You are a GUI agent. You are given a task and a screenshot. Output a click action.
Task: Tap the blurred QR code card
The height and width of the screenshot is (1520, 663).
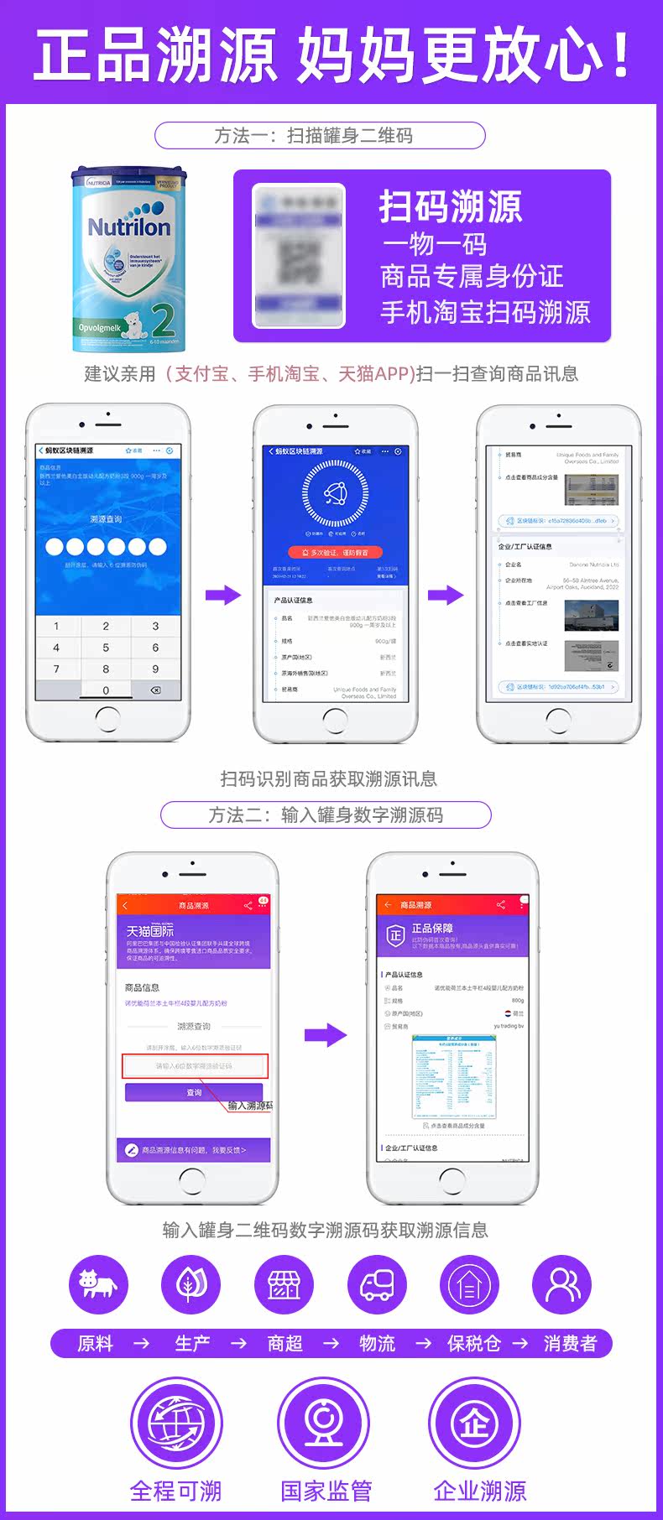(x=299, y=256)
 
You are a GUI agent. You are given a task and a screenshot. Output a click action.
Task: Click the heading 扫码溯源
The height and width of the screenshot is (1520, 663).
(x=451, y=206)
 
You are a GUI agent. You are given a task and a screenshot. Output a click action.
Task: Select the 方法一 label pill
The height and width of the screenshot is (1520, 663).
(x=320, y=136)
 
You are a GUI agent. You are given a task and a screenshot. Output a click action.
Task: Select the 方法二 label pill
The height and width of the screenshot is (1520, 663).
(x=326, y=815)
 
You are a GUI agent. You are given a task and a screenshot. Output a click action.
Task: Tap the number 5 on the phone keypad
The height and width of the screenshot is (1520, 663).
(x=106, y=648)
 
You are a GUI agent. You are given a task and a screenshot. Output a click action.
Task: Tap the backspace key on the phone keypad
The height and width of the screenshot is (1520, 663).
(x=155, y=690)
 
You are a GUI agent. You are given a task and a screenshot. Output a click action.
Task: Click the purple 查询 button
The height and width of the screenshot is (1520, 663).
(x=194, y=1092)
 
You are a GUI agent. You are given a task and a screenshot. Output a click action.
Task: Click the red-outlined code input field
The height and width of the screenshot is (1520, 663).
(x=195, y=1066)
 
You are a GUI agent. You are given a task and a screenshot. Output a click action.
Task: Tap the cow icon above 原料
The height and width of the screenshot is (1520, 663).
(x=97, y=1284)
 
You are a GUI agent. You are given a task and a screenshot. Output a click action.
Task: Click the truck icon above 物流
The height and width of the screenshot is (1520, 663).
(x=377, y=1284)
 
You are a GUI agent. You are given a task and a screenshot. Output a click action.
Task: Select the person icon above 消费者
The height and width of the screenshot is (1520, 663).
(x=562, y=1284)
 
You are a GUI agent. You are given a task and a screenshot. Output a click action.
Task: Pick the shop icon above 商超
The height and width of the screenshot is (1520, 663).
(x=284, y=1284)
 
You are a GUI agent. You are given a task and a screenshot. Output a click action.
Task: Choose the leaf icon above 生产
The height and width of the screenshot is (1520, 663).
(x=191, y=1284)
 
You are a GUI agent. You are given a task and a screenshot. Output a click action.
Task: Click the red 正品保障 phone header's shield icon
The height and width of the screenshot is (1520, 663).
(x=395, y=934)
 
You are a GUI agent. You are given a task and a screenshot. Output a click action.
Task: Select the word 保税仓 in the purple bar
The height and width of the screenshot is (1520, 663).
(x=473, y=1344)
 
